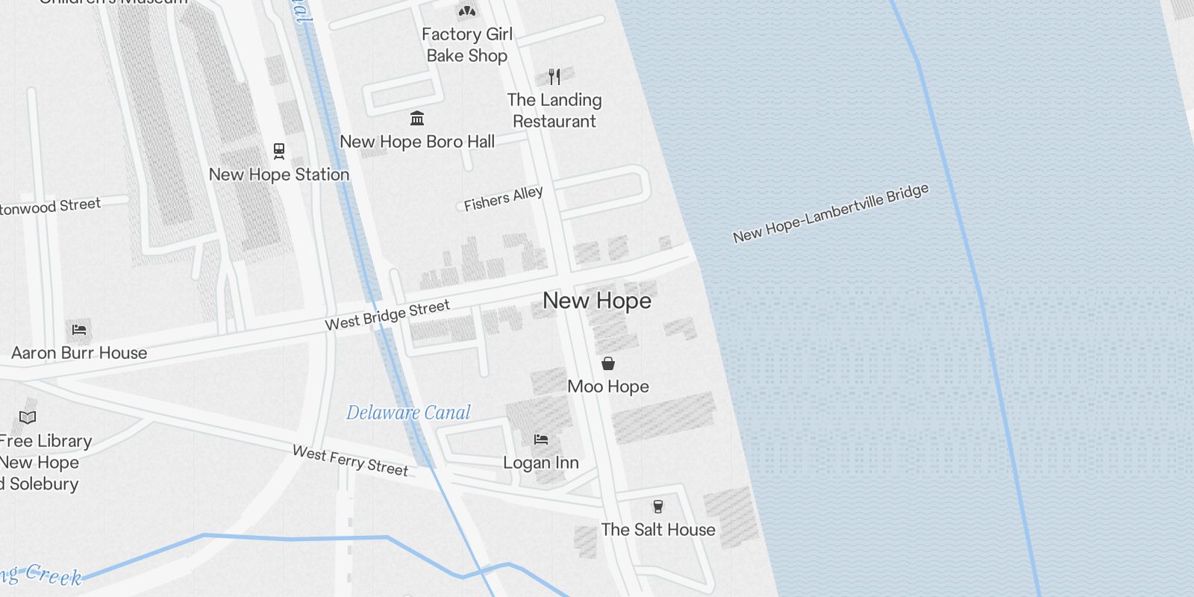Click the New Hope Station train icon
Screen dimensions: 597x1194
click(279, 151)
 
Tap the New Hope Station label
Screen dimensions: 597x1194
click(279, 175)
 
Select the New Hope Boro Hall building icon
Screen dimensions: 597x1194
click(417, 119)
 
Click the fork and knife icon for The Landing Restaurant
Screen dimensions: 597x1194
click(554, 76)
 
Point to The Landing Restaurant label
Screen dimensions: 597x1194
click(554, 110)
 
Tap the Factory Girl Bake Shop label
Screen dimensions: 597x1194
click(467, 45)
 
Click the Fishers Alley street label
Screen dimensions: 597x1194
click(503, 199)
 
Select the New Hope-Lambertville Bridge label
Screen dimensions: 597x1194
click(831, 213)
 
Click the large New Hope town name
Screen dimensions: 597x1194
click(597, 301)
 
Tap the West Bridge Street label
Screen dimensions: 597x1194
click(387, 315)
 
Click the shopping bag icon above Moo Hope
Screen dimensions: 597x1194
click(608, 363)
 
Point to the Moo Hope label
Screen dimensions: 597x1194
click(608, 387)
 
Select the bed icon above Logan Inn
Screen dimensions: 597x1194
click(541, 440)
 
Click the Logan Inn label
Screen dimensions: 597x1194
click(541, 463)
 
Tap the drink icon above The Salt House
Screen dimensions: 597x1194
click(657, 507)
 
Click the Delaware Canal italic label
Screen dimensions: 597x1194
click(408, 413)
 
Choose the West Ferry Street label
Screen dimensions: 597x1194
click(350, 460)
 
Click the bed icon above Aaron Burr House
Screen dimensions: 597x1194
click(79, 329)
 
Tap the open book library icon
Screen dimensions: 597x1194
click(28, 417)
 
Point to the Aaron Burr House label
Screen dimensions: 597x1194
click(79, 353)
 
